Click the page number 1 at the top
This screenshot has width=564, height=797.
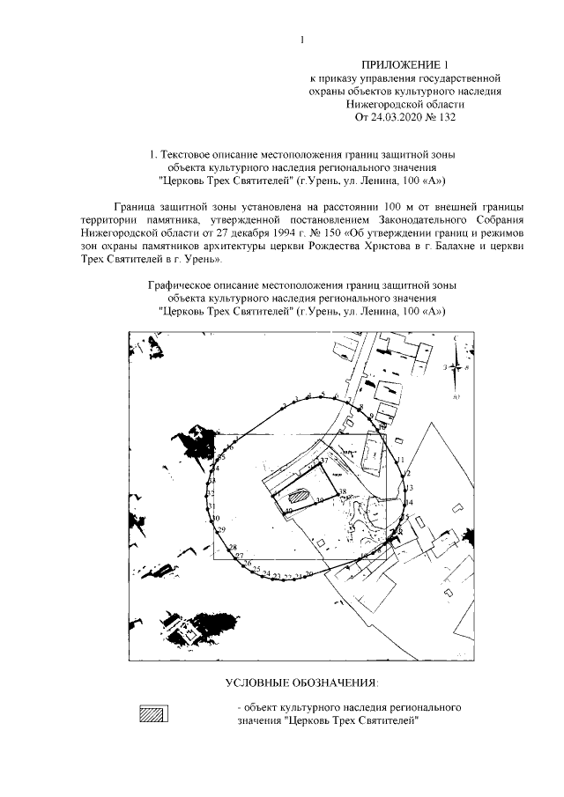(301, 40)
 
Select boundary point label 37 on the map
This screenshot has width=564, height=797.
(323, 461)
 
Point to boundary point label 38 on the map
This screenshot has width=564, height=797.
(344, 492)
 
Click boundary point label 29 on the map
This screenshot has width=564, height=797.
(221, 529)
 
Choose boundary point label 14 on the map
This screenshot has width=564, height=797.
(408, 502)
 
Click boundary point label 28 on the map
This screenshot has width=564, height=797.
(233, 548)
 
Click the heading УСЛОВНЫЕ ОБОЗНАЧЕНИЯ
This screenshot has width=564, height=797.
(301, 683)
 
